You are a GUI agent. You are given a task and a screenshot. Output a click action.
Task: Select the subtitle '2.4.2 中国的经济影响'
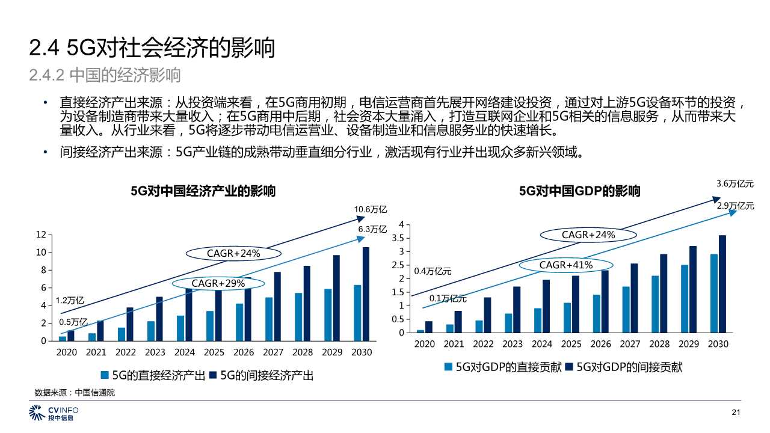point(105,76)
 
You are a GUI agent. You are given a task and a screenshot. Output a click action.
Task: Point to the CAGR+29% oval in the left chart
point(218,283)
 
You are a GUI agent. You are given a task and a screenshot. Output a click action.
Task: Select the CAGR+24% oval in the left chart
point(233,254)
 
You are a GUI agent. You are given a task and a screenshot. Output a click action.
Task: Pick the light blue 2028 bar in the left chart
point(298,317)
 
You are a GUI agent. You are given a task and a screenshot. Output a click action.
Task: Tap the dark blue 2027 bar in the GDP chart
point(634,298)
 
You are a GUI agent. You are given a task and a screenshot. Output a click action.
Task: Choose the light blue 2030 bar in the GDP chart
point(713,293)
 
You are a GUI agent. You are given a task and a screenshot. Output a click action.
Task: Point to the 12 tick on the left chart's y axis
point(42,235)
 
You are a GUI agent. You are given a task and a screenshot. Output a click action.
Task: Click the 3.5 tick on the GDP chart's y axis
point(398,238)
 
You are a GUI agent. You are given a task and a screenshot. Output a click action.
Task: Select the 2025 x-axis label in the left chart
point(214,352)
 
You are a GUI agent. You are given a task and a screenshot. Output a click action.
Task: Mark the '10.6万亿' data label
point(370,209)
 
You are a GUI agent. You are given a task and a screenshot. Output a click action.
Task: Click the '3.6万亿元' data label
point(735,184)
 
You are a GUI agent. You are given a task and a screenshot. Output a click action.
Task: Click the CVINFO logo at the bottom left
point(54,413)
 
